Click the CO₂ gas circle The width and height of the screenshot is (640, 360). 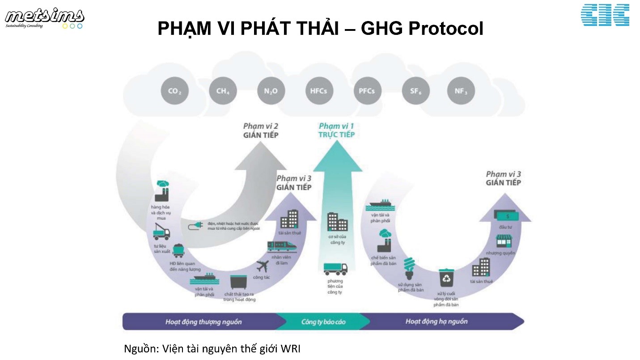coord(175,91)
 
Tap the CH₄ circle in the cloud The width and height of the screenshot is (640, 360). coord(223,91)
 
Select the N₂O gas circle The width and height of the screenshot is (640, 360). coord(271,91)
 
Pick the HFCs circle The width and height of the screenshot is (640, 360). coord(318,91)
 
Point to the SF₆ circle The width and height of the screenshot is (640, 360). coord(415,91)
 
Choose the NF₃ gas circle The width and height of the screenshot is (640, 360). coord(461,91)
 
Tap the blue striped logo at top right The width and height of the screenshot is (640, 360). coord(605,15)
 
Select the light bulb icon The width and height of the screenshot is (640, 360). coord(409,269)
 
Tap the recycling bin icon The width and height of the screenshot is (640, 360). coord(446,278)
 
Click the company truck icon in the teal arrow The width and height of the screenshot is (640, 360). coord(335,268)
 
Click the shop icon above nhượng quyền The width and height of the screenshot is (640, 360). coord(504,241)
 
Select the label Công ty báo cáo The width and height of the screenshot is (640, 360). coord(323,322)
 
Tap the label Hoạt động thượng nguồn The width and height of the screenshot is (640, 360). coord(203,322)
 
